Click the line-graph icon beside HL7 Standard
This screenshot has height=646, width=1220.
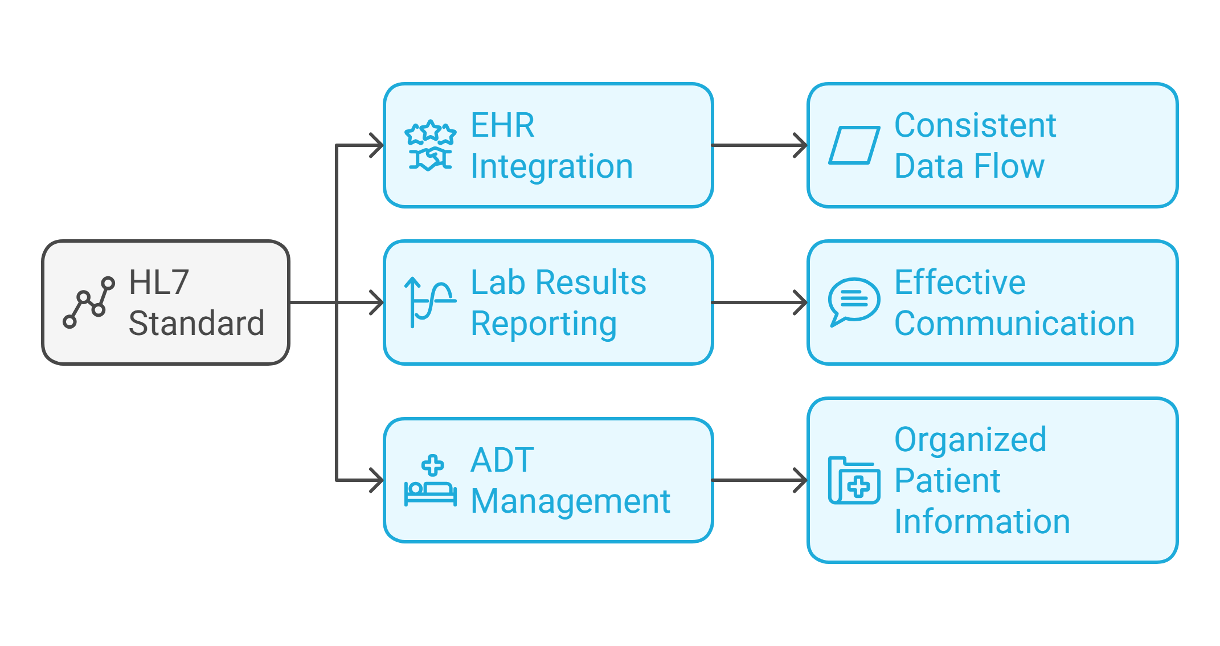(x=89, y=302)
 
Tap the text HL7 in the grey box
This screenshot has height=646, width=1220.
(x=159, y=283)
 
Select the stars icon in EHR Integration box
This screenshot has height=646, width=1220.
(x=431, y=145)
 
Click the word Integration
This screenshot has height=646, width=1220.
(x=551, y=166)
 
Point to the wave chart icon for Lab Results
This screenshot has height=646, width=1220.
(x=430, y=302)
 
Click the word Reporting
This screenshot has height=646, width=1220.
(x=543, y=324)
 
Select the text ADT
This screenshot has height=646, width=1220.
(x=502, y=460)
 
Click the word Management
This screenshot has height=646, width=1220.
(x=570, y=501)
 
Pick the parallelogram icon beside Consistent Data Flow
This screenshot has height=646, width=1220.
(x=854, y=145)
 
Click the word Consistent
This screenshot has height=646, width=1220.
(x=975, y=125)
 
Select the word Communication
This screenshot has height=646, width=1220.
(x=1014, y=324)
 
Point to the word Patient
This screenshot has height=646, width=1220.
(x=947, y=480)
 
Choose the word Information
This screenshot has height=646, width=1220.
(x=982, y=522)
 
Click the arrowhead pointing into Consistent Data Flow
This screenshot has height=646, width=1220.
(x=801, y=145)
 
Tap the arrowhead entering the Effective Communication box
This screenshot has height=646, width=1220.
(x=801, y=302)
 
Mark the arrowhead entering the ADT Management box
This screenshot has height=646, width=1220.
(x=377, y=480)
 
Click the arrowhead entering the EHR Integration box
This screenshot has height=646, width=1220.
(x=377, y=145)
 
